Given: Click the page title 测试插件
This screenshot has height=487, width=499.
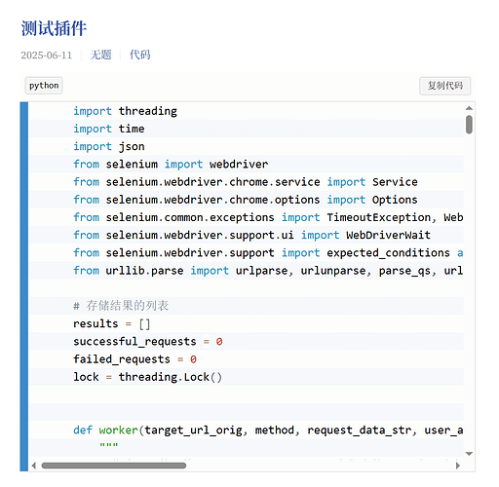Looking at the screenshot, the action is click(54, 28).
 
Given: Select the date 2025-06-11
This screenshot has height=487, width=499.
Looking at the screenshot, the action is click(47, 56).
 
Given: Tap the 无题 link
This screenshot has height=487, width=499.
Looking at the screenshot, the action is click(100, 55).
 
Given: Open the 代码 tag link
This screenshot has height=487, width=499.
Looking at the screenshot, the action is click(140, 55).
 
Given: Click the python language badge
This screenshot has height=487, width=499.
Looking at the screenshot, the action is click(44, 86).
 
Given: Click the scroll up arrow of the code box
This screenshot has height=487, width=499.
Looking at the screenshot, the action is click(469, 108).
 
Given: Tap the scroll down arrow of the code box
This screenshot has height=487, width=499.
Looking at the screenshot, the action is click(469, 454).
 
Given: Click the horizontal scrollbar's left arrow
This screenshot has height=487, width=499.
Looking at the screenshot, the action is click(34, 466).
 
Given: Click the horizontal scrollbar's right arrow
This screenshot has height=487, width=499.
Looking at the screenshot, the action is click(458, 466).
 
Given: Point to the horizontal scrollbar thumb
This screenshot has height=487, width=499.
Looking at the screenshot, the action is click(114, 466).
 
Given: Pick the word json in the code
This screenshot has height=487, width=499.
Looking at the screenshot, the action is click(132, 147).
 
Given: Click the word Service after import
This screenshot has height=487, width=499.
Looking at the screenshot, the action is click(395, 182).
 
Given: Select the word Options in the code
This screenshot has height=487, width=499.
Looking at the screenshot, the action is click(395, 200).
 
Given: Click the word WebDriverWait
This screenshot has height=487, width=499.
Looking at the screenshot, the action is click(389, 235).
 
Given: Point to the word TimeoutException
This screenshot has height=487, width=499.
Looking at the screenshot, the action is click(379, 217).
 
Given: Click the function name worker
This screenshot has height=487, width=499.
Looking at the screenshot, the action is click(119, 431).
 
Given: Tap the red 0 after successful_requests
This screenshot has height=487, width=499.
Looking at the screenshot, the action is click(219, 342).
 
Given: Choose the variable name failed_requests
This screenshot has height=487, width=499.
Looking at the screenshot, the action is click(122, 359).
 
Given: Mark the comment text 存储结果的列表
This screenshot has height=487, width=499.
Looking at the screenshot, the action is click(128, 306).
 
